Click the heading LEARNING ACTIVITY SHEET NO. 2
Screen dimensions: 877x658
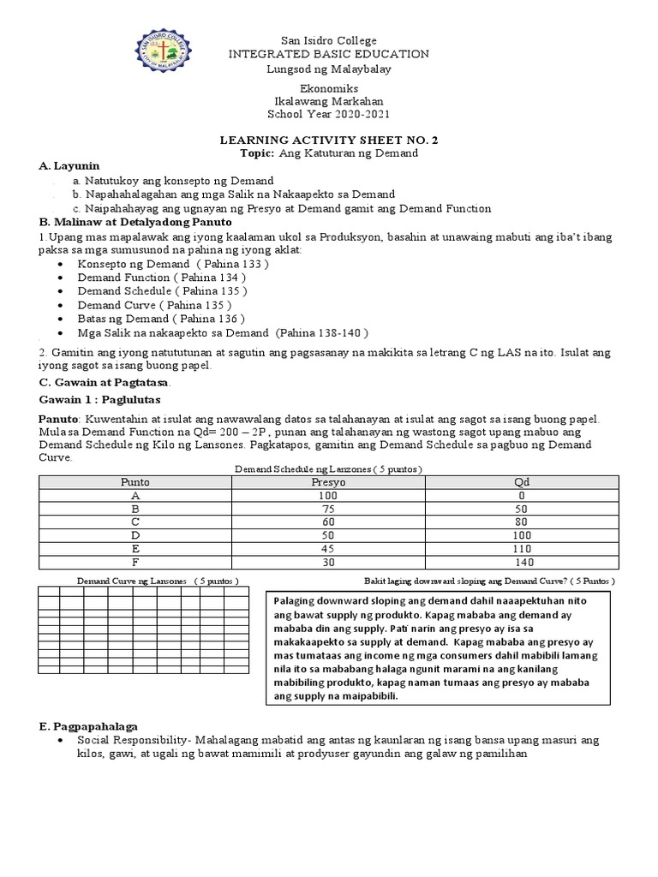pos(329,140)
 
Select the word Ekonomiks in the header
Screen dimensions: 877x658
pos(329,88)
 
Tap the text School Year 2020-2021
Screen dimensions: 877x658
pos(329,114)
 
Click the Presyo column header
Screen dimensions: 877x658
pos(328,482)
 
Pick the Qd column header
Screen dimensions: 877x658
pos(523,482)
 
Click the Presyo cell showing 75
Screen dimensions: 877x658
pos(328,509)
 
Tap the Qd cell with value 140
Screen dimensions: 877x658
pos(523,562)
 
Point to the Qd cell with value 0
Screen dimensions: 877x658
pos(523,496)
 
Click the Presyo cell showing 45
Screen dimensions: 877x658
pos(328,549)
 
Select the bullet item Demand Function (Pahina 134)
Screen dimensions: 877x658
pos(161,277)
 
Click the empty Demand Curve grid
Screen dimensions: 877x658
pos(144,630)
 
